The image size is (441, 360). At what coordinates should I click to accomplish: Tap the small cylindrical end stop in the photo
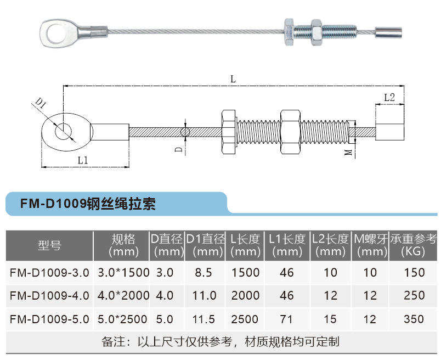point(388,32)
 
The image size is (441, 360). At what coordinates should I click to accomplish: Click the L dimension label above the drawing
point(233,80)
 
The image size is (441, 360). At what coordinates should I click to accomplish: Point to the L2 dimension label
point(389,97)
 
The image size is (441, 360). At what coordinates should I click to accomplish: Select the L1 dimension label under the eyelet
point(83,160)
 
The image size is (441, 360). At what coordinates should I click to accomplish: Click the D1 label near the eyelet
point(41,103)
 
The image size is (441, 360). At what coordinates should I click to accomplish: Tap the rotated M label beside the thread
point(348,152)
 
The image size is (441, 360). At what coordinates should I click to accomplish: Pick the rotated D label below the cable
point(179,149)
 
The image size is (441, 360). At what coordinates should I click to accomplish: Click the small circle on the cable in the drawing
point(185,132)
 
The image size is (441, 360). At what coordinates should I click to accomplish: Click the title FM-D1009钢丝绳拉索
point(88,204)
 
